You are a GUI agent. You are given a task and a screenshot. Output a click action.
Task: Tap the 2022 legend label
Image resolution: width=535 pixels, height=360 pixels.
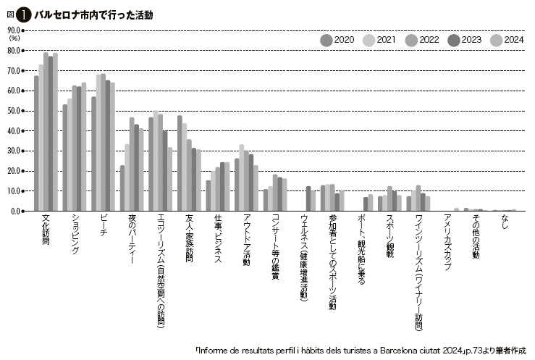pos(429,40)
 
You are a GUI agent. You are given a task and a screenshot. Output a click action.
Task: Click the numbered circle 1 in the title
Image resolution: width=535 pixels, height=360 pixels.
pos(24,15)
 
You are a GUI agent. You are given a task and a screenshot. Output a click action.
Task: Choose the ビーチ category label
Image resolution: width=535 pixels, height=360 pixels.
pos(103,225)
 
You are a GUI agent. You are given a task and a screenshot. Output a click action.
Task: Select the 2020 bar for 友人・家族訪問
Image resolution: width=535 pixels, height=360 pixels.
pos(180,163)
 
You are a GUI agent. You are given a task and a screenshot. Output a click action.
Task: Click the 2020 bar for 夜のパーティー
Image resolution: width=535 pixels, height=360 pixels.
pos(122,188)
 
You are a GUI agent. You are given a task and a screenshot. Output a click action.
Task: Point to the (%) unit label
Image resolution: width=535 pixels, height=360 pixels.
pos(14,38)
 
